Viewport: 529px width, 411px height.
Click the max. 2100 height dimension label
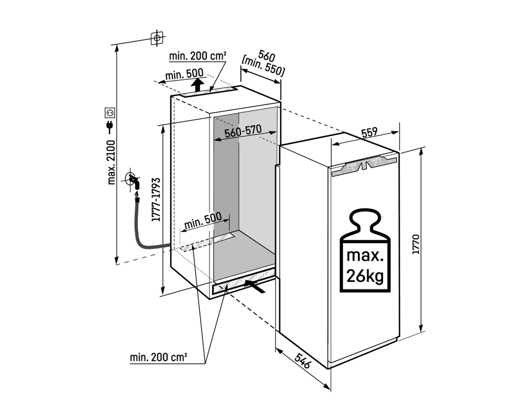[x=112, y=162]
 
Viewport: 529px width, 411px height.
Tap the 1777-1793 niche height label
[x=156, y=200]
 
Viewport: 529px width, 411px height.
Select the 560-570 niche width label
[x=243, y=132]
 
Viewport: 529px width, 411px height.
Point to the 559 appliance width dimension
[x=369, y=133]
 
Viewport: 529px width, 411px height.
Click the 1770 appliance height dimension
[x=416, y=244]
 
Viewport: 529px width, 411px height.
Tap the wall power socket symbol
[x=110, y=112]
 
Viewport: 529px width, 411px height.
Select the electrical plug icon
[x=110, y=127]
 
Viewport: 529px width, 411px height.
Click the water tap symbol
[x=134, y=181]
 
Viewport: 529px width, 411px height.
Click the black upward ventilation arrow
[x=197, y=85]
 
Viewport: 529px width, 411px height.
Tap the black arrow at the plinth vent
[x=254, y=286]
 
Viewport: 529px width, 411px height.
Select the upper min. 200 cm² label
[x=197, y=56]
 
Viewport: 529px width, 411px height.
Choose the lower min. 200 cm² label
[x=159, y=357]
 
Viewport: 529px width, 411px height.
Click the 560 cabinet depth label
[x=266, y=56]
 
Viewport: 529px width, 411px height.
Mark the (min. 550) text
[x=263, y=67]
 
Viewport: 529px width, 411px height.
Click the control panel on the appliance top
[x=364, y=167]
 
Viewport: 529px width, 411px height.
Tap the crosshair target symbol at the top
[x=157, y=38]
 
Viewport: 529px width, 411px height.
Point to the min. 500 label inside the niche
[x=203, y=221]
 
